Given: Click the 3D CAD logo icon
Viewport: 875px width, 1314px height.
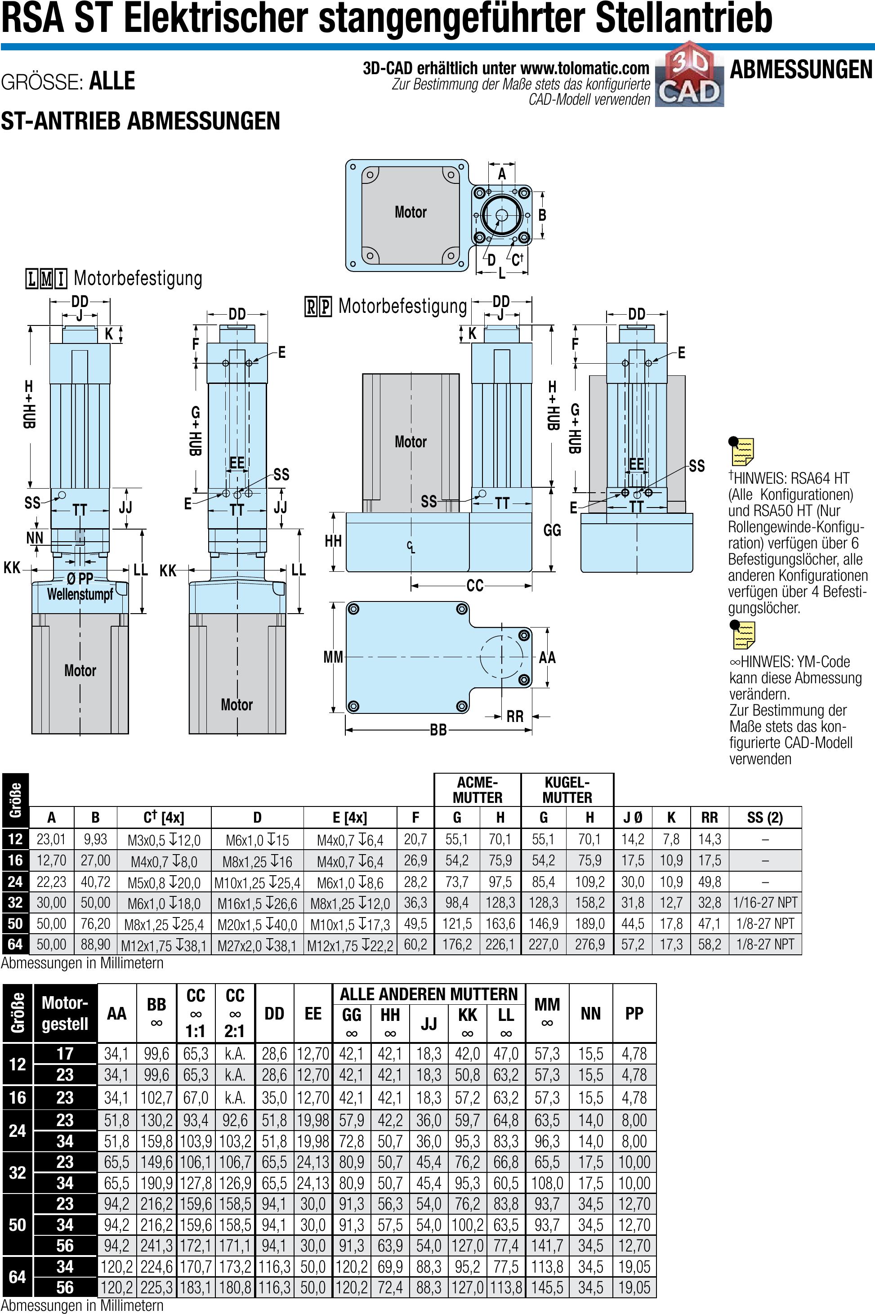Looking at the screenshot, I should (x=690, y=76).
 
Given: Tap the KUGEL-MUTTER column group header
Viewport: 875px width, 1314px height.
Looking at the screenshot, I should (x=567, y=789).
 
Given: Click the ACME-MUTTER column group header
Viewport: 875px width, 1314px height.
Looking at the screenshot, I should (x=477, y=789).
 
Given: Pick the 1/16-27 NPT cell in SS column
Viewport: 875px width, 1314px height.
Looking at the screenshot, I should (x=765, y=902).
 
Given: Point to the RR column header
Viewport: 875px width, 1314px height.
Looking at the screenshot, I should (x=709, y=817).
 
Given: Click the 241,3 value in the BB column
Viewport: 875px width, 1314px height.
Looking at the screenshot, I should (x=156, y=1245).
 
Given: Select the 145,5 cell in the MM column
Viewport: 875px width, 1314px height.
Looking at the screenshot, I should (x=547, y=1287).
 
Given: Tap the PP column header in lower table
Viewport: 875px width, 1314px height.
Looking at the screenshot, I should (x=634, y=1013).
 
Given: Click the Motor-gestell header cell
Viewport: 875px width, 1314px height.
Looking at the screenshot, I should (x=65, y=1013).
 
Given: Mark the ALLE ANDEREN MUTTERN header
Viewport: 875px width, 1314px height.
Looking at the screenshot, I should (x=429, y=994).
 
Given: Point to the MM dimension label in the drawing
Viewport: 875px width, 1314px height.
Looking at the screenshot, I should (x=333, y=657).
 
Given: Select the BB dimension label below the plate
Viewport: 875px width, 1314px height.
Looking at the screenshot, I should (x=438, y=730).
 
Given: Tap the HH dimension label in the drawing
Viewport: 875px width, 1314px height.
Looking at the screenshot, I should (x=333, y=541).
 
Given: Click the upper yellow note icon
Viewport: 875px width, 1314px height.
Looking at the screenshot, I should (x=742, y=451).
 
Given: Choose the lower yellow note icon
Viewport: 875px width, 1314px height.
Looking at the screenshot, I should (x=742, y=634).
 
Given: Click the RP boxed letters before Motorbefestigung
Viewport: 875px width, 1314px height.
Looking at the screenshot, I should (x=318, y=307).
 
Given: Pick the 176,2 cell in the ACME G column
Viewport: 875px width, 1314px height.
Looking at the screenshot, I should (x=456, y=944).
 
